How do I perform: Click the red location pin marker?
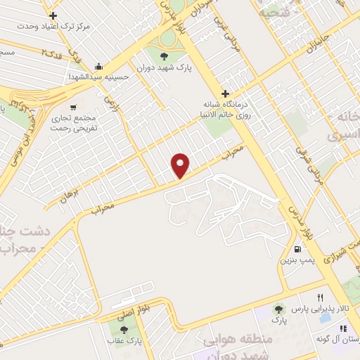point(181,165)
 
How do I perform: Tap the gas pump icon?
point(299,248)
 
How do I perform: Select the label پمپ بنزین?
point(297,261)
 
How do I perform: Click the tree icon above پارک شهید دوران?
point(164,56)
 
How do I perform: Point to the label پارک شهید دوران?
point(164,68)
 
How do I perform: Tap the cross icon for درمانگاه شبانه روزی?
point(225,94)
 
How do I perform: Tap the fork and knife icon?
point(321,297)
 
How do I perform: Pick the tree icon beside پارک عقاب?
point(124,329)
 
